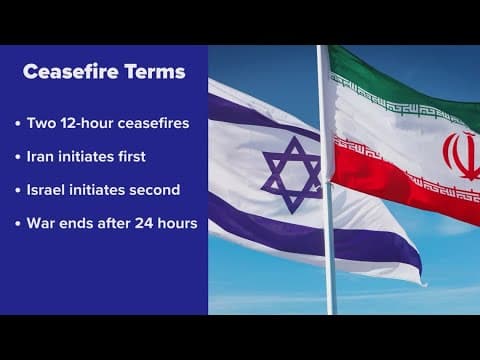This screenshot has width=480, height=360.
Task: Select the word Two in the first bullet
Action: [40, 124]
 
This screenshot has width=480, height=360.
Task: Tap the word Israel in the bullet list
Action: [48, 190]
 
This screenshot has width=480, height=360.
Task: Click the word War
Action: [42, 223]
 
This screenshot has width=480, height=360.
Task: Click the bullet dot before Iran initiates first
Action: [18, 158]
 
